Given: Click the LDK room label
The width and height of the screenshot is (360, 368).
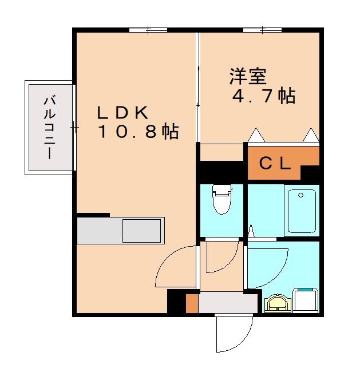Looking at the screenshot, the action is point(122,113).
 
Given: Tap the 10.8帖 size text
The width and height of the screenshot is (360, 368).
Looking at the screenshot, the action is point(139,132).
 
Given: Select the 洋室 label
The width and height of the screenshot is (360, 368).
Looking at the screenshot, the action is point(248,76).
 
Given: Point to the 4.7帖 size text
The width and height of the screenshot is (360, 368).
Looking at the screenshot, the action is point(264,96).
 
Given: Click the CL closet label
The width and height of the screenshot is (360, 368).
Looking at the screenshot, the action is point(275,163).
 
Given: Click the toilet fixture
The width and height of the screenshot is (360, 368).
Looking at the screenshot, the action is point(221,199).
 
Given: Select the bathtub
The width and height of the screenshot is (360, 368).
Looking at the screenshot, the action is point(302,211).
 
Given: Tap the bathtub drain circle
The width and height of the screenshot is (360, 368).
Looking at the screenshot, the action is point(300,195).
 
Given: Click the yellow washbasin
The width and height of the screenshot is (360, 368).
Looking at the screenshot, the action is point(278,304).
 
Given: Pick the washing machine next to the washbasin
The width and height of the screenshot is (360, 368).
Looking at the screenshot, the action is point(305,300).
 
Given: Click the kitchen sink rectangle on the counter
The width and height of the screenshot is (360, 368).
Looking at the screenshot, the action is point(142,231).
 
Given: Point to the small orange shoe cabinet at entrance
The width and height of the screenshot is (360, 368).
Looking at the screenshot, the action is point(192,303).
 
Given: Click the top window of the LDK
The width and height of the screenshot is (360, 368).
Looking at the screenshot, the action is point(148,30).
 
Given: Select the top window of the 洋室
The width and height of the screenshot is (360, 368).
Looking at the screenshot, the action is point(262,30).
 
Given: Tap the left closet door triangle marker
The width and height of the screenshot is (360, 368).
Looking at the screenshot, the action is point(256,135).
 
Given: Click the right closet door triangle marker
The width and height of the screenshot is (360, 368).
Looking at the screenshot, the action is point(311,135).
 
